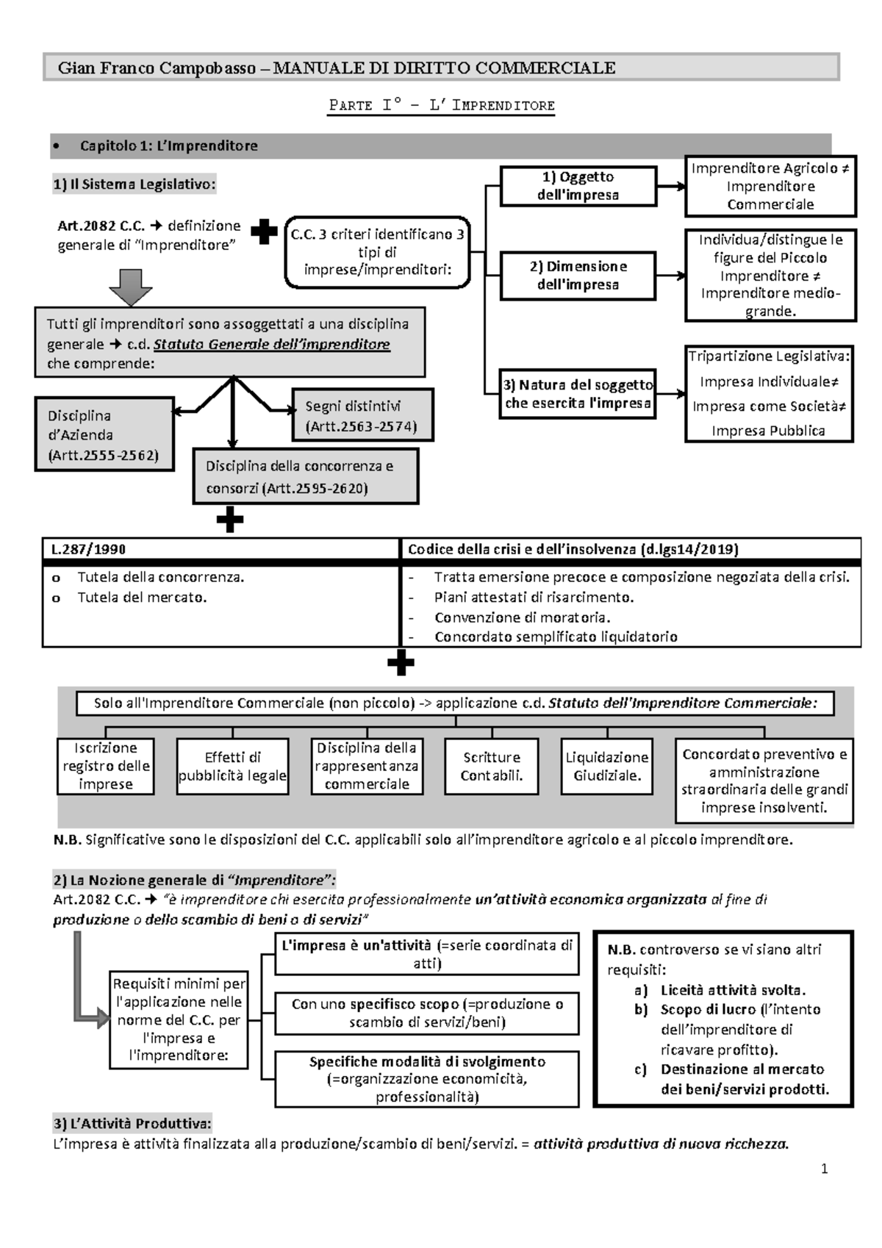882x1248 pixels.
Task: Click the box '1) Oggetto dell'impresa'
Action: coord(578,186)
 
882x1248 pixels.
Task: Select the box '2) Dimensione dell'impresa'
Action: coord(578,276)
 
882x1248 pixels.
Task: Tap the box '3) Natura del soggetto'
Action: coord(578,394)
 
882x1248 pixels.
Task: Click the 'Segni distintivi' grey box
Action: coord(362,416)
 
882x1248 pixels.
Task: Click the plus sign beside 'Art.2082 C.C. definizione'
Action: coord(264,232)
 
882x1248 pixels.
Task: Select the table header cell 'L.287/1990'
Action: coord(220,549)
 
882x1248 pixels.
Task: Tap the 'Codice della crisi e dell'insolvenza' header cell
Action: coord(631,549)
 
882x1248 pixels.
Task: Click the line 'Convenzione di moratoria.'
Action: coord(522,617)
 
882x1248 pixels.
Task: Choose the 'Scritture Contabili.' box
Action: coord(492,767)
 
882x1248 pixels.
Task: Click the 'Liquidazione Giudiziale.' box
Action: coord(606,767)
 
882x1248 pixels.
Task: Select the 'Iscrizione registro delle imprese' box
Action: coord(106,766)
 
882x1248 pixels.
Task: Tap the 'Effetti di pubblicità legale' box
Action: coord(232,767)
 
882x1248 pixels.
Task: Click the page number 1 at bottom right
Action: coord(825,1169)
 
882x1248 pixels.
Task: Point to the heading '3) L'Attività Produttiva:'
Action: coord(132,1124)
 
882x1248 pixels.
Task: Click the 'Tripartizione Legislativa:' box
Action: coord(769,394)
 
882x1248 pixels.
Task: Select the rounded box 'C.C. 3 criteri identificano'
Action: coord(377,252)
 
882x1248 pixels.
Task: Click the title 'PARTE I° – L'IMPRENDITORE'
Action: coord(441,105)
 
